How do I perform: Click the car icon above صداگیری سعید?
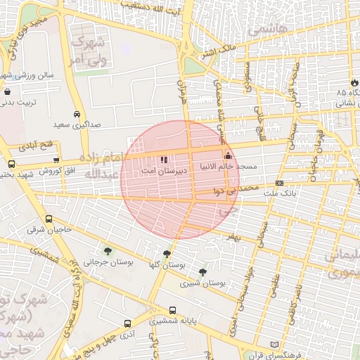(76, 114)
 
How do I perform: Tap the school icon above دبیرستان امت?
(165, 160)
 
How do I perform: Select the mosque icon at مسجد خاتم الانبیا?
(227, 156)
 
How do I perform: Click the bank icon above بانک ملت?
(280, 183)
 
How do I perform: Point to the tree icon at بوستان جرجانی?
(108, 251)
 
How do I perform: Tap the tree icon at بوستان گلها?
(167, 255)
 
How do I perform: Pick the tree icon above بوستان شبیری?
(203, 272)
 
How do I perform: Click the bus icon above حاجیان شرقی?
(49, 219)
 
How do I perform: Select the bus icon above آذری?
(127, 324)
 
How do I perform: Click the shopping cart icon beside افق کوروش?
(56, 161)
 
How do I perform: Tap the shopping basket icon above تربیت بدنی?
(7, 91)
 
